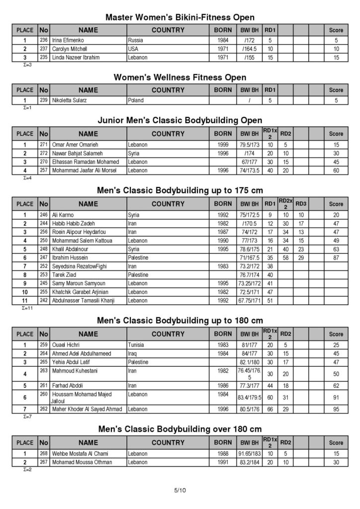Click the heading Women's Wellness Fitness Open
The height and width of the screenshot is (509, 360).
click(x=180, y=78)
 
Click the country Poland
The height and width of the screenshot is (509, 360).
click(x=136, y=100)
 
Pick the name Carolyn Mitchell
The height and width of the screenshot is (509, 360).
click(x=70, y=49)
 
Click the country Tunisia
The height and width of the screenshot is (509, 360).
click(x=137, y=344)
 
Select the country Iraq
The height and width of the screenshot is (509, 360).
click(x=133, y=353)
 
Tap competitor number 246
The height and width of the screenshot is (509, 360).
click(x=43, y=215)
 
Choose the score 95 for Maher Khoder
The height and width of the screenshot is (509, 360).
click(x=336, y=410)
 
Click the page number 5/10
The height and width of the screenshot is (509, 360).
click(x=180, y=491)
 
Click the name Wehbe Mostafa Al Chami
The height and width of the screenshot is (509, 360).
click(x=80, y=453)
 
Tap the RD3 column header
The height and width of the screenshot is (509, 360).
click(x=301, y=203)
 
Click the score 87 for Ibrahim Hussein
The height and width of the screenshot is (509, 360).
click(x=336, y=257)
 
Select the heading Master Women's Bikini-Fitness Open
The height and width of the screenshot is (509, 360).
click(x=180, y=17)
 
